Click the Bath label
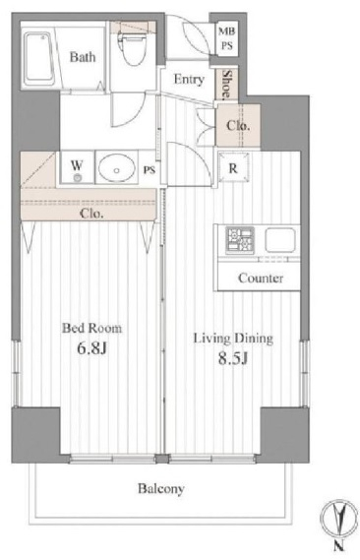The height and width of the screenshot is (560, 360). point(83,57)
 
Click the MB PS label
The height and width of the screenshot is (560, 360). point(227,38)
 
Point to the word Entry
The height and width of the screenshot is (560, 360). point(189,80)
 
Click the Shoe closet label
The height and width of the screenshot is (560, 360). point(226,85)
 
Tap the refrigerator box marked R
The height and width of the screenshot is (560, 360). point(233,166)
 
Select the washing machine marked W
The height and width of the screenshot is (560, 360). point(77,167)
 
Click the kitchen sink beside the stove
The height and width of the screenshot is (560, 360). point(280,239)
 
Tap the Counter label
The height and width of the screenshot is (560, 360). point(261,278)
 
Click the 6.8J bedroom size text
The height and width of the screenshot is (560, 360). point(92,348)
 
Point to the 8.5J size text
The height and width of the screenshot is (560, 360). point(233,358)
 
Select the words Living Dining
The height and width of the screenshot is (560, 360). point(233,338)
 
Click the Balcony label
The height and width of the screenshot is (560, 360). point(161,488)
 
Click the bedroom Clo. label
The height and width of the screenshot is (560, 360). point(92,214)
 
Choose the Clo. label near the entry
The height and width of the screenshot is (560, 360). point(238,125)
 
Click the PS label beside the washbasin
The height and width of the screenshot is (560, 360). point(150,170)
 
